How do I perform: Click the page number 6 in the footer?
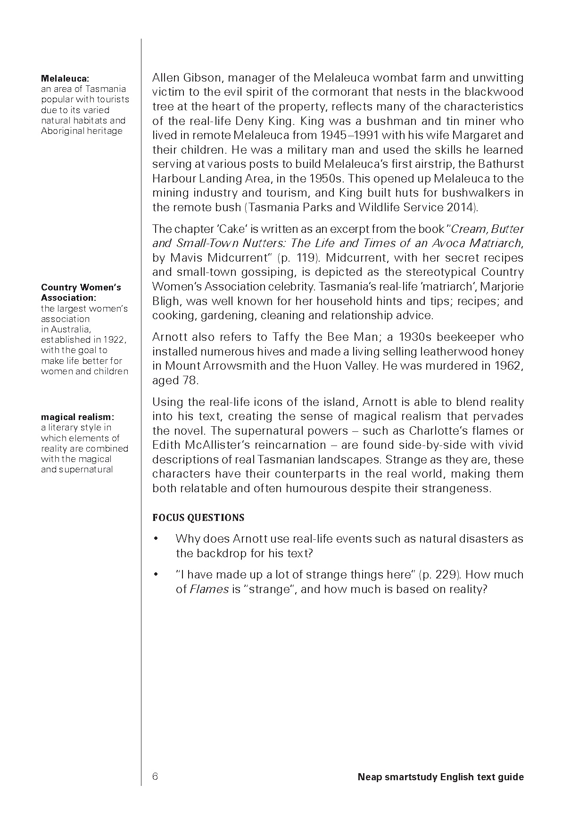coord(155,776)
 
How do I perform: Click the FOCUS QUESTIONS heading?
coord(198,518)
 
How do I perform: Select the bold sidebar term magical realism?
coord(78,417)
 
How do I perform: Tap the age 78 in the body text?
coord(189,380)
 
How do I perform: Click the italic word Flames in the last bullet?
coord(209,589)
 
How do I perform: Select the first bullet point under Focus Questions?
coord(156,539)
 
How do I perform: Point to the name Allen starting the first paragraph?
coord(165,78)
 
